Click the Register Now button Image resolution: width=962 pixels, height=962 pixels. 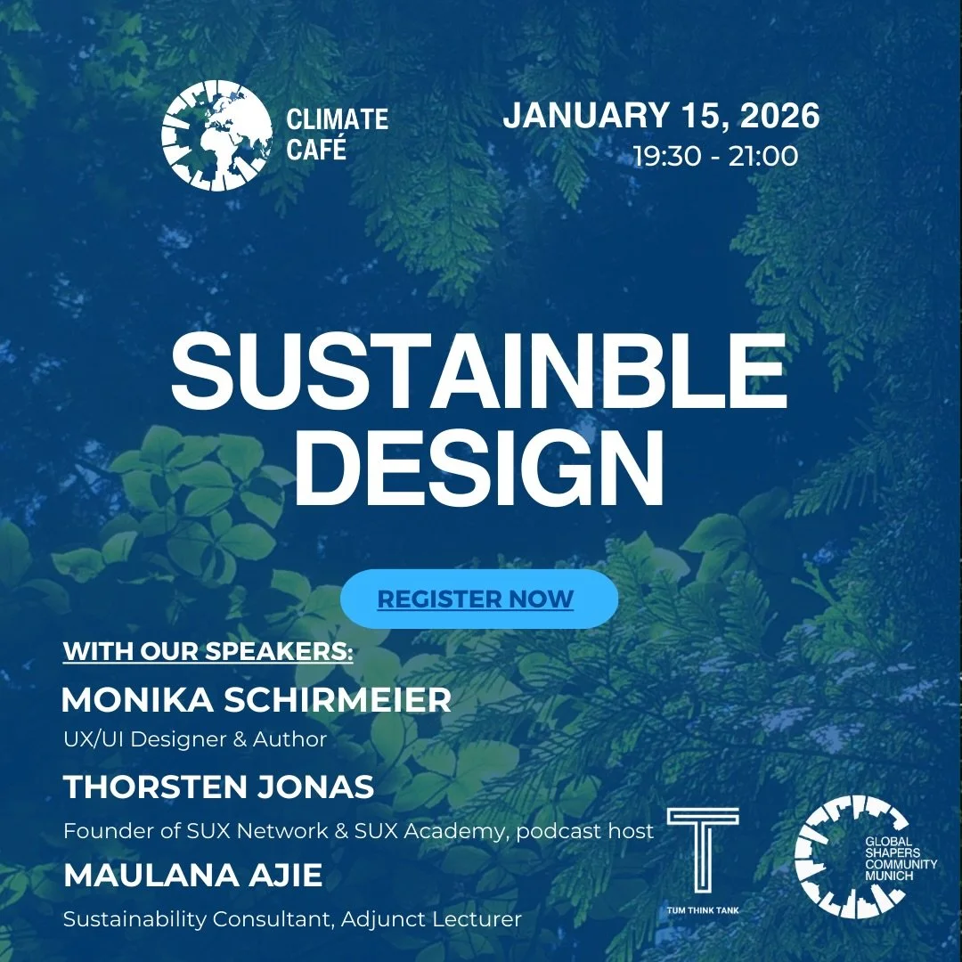click(x=478, y=599)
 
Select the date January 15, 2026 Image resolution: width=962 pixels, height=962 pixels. click(x=661, y=117)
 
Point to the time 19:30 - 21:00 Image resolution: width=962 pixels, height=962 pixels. click(x=715, y=156)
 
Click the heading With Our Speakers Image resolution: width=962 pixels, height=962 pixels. click(x=208, y=651)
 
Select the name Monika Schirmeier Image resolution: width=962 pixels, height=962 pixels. click(x=257, y=700)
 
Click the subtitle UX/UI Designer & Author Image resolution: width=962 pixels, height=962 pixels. click(x=195, y=739)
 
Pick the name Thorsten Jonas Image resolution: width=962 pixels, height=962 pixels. click(x=219, y=787)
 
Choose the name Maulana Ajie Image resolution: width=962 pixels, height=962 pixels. click(x=193, y=875)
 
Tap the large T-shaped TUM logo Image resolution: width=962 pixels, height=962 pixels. click(x=703, y=850)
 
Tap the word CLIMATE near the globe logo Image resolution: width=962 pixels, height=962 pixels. click(x=338, y=118)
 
